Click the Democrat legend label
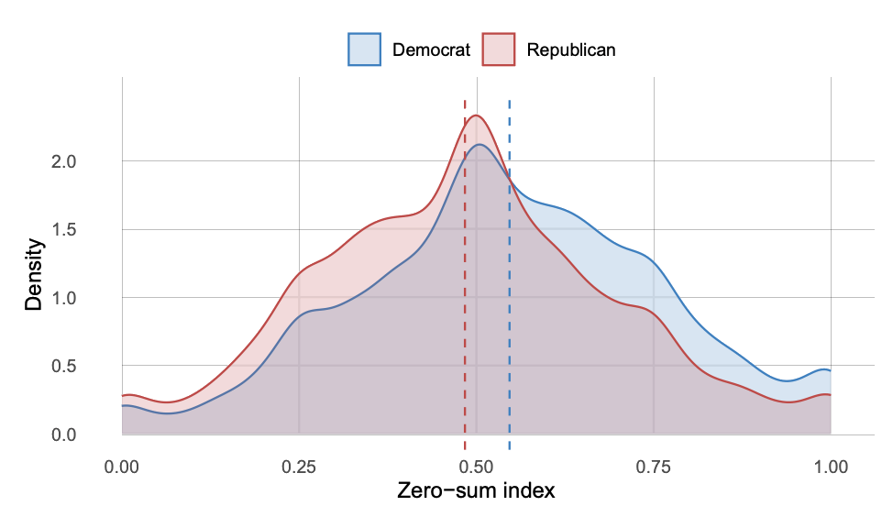coord(431,49)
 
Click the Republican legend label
coord(570,49)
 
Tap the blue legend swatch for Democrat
coord(364,49)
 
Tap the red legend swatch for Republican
coord(500,49)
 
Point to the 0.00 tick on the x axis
coord(122,467)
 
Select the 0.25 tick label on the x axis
coord(299,467)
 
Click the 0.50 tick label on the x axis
coord(476,467)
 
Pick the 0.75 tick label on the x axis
coord(654,467)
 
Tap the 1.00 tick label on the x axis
coord(831,467)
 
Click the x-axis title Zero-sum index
coord(476,491)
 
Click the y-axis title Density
coord(34,275)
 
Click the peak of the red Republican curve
coord(476,115)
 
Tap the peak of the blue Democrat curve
coord(479,145)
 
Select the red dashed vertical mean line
coord(466,275)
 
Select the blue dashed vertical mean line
coord(509,275)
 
